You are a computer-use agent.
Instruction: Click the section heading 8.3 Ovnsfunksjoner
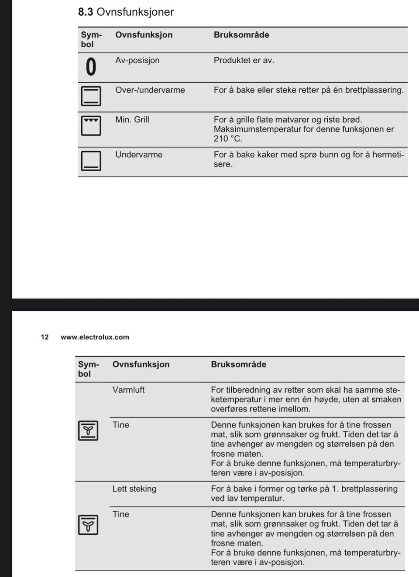pyautogui.click(x=126, y=12)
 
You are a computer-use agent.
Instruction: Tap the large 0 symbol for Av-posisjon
pyautogui.click(x=90, y=67)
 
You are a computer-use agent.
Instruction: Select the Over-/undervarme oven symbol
pyautogui.click(x=91, y=96)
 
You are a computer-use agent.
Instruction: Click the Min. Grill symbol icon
pyautogui.click(x=91, y=126)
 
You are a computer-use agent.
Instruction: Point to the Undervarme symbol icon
pyautogui.click(x=91, y=160)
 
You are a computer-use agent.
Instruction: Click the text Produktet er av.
pyautogui.click(x=244, y=61)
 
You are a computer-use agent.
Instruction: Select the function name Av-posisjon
pyautogui.click(x=137, y=61)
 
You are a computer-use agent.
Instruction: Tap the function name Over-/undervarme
pyautogui.click(x=150, y=90)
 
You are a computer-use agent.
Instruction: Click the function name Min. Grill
pyautogui.click(x=132, y=120)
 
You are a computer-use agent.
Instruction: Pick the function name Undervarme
pyautogui.click(x=138, y=155)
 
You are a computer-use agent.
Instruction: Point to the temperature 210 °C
pyautogui.click(x=227, y=139)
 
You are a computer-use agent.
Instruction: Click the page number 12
pyautogui.click(x=45, y=337)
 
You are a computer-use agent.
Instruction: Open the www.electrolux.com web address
pyautogui.click(x=95, y=337)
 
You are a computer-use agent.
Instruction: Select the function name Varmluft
pyautogui.click(x=128, y=390)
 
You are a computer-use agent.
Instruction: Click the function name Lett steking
pyautogui.click(x=134, y=489)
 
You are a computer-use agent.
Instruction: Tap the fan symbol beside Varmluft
pyautogui.click(x=88, y=431)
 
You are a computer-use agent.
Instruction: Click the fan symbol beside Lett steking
pyautogui.click(x=88, y=525)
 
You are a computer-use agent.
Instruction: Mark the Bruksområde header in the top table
pyautogui.click(x=241, y=35)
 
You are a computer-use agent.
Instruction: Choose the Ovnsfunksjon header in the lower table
pyautogui.click(x=141, y=364)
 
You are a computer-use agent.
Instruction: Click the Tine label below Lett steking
pyautogui.click(x=120, y=514)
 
